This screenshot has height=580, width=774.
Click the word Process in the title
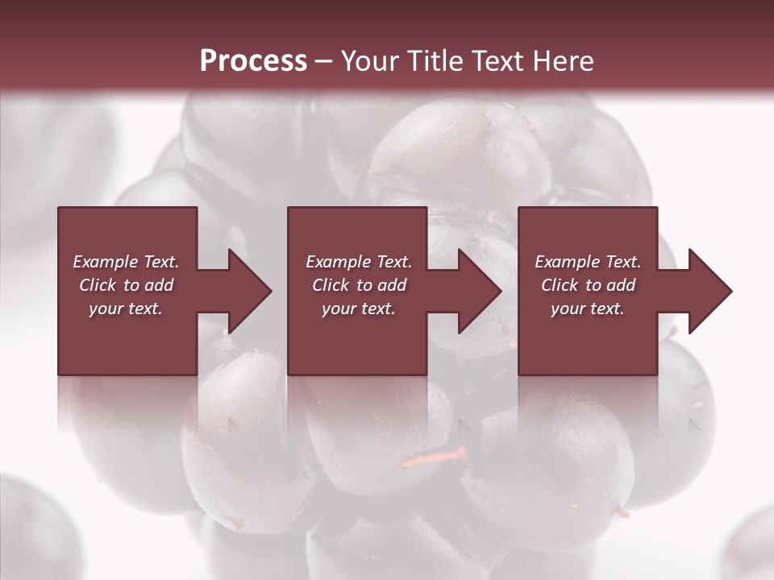pos(253,60)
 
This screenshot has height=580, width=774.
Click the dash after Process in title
pos(323,61)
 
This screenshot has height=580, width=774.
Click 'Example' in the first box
pos(106,262)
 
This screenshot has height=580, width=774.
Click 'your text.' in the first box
pos(126,309)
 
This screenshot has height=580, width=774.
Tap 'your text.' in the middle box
pos(358,309)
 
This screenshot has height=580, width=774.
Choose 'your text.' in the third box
pos(587,309)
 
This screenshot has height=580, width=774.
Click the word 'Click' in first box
pos(98,285)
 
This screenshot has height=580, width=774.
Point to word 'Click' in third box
pos(560,285)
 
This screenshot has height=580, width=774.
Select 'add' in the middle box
pos(392,285)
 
